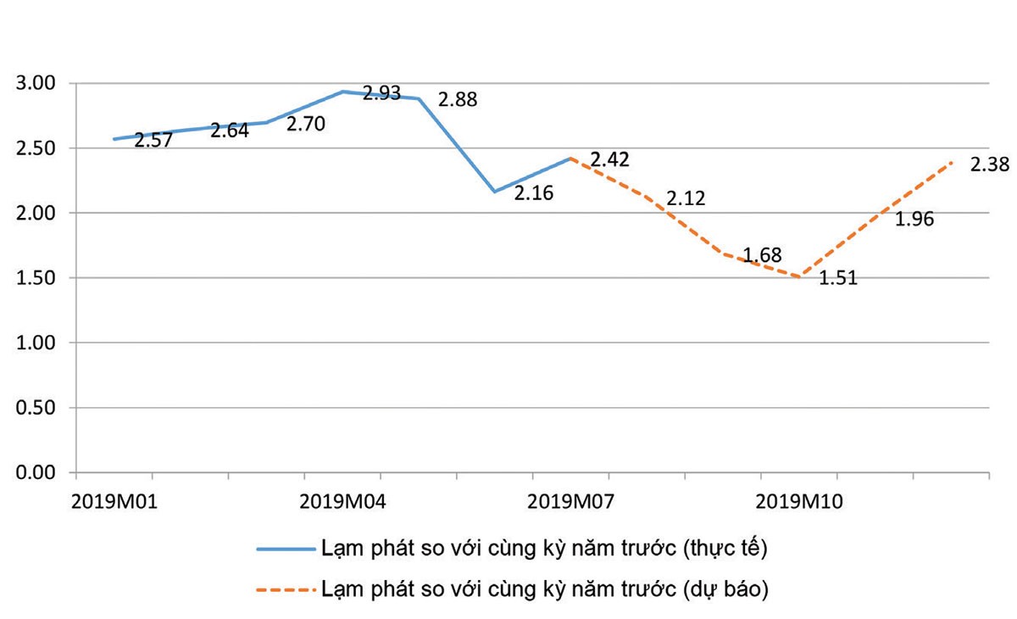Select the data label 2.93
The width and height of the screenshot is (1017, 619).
381,93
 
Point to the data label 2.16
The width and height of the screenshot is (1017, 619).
534,193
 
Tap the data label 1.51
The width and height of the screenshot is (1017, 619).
838,277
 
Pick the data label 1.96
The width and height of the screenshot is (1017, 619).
914,220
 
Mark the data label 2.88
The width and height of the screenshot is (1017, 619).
458,100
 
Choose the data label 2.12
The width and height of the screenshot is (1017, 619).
686,199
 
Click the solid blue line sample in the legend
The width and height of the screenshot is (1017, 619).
285,549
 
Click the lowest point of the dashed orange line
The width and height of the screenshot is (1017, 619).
800,276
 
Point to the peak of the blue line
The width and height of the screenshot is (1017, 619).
342,92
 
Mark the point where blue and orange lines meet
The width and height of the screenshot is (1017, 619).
571,158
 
